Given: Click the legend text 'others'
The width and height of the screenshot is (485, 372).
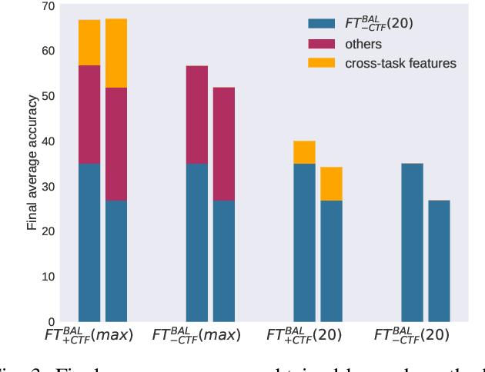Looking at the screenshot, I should pos(363,44).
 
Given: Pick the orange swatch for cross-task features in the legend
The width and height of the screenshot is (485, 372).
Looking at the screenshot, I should pos(321,63).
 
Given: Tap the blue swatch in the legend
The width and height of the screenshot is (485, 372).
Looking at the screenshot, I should pos(321,24).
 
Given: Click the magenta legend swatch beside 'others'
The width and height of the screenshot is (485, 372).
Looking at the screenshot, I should pos(321,44).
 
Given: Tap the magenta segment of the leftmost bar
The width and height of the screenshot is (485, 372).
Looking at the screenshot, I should pos(89,115).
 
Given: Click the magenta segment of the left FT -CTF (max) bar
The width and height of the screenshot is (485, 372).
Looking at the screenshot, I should pos(197,115).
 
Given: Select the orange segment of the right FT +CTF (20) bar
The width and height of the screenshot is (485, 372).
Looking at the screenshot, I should pos(332,184).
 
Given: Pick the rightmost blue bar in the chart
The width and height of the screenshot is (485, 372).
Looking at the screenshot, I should pos(439,261).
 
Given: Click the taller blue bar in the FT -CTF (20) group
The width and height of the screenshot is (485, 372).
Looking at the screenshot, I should pos(413,242).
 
